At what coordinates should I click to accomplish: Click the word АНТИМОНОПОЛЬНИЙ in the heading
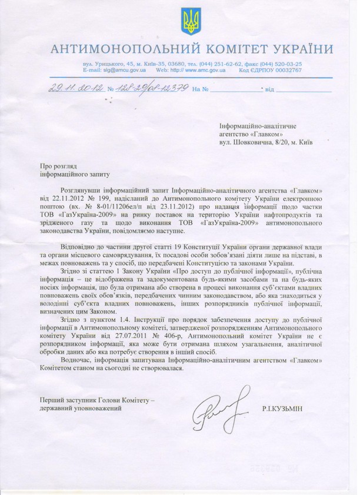click(125, 48)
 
